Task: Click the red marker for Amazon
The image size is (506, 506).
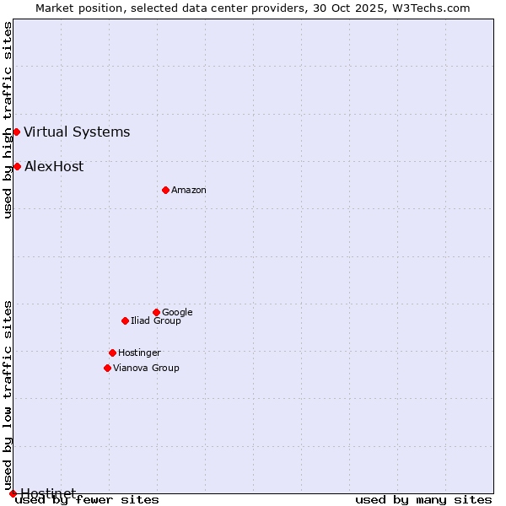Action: click(x=165, y=190)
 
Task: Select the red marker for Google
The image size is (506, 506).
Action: click(x=156, y=312)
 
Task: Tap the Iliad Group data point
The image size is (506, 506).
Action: click(x=125, y=320)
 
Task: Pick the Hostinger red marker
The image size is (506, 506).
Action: click(x=112, y=353)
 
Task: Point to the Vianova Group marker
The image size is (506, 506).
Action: click(x=107, y=368)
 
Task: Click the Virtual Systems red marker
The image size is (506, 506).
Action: click(x=16, y=132)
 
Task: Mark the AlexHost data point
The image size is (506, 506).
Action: click(x=17, y=166)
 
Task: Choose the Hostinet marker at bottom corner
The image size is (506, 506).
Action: click(x=13, y=493)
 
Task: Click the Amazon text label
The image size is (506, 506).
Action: click(x=189, y=191)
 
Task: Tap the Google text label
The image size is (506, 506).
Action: click(x=177, y=313)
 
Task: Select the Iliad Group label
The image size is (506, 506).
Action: click(x=156, y=321)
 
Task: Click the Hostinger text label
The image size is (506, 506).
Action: click(x=139, y=353)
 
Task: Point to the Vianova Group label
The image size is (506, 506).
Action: click(x=146, y=369)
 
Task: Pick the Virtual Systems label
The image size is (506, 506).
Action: click(x=77, y=132)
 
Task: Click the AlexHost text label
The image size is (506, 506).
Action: click(x=54, y=167)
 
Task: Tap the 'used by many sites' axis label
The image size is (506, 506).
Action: click(x=423, y=500)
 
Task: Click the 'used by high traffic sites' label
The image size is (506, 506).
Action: click(x=8, y=120)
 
